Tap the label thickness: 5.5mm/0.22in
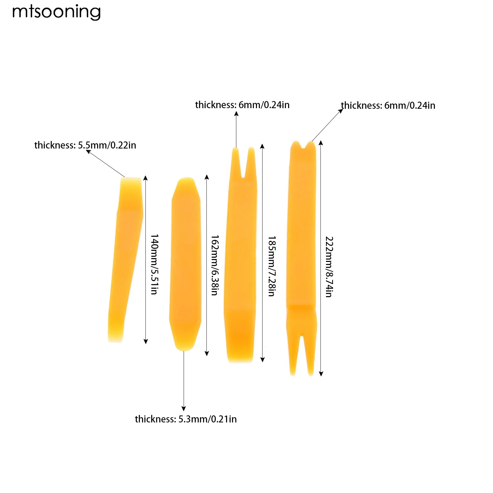85,145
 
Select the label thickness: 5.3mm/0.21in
186,419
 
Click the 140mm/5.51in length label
154,264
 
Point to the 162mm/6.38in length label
215,265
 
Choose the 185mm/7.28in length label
272,266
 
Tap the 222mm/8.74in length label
329,267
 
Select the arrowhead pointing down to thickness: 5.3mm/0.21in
184,409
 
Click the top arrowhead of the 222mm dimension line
321,143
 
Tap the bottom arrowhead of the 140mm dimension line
146,341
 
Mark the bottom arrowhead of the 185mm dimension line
263,360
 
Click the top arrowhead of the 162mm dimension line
207,177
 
